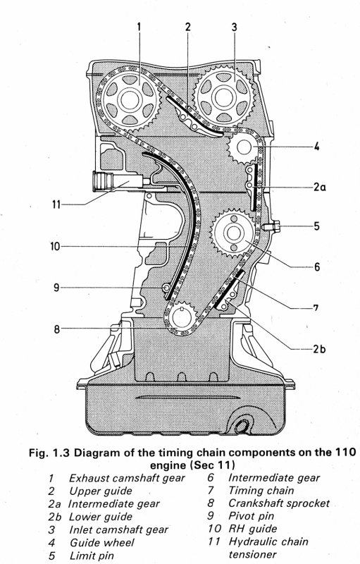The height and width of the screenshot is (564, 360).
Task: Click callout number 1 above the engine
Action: (139, 27)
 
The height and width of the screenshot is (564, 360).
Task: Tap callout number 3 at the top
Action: (234, 27)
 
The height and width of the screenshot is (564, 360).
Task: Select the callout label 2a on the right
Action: (319, 187)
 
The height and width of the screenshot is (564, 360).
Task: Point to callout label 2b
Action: (319, 349)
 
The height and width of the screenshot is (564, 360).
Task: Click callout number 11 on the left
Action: (56, 204)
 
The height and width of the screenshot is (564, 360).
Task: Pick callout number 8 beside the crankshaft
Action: (56, 329)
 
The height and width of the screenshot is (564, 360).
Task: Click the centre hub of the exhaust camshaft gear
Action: (128, 100)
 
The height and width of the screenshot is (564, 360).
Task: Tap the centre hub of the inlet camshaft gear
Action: (223, 97)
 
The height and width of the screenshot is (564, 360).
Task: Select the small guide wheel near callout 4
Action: (243, 147)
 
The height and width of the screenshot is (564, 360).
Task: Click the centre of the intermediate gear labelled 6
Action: (232, 233)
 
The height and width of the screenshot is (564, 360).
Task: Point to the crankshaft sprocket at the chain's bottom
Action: (181, 318)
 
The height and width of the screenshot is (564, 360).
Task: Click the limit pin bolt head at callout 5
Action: (273, 227)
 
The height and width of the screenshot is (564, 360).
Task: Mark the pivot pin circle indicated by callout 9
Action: (166, 288)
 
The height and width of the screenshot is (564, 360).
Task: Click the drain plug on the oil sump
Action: (242, 427)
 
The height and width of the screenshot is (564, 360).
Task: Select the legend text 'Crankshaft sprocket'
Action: (279, 503)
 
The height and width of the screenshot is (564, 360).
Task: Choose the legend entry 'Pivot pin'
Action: (251, 516)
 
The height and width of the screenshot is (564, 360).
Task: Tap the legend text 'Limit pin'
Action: (92, 556)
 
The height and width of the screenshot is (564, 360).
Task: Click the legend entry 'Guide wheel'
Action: (101, 542)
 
